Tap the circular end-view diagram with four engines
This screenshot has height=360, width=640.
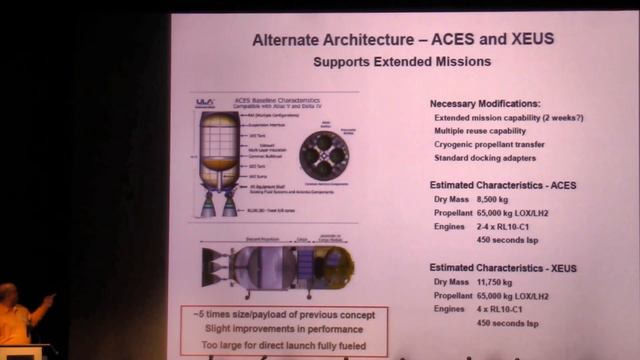pos(324,154)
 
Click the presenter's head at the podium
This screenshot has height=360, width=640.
pos(7,296)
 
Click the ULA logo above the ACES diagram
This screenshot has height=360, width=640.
pos(204,101)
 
